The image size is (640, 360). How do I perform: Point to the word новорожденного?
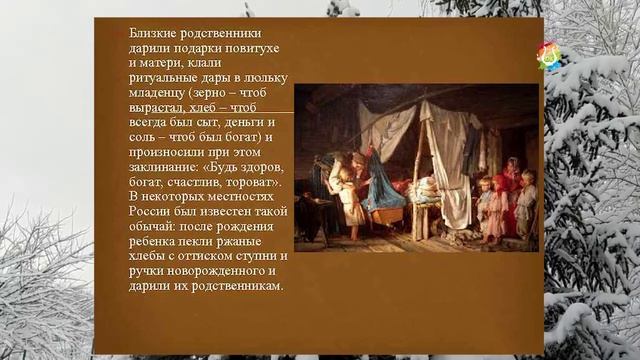[217, 271]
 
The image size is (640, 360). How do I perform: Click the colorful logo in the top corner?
[549, 56]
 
